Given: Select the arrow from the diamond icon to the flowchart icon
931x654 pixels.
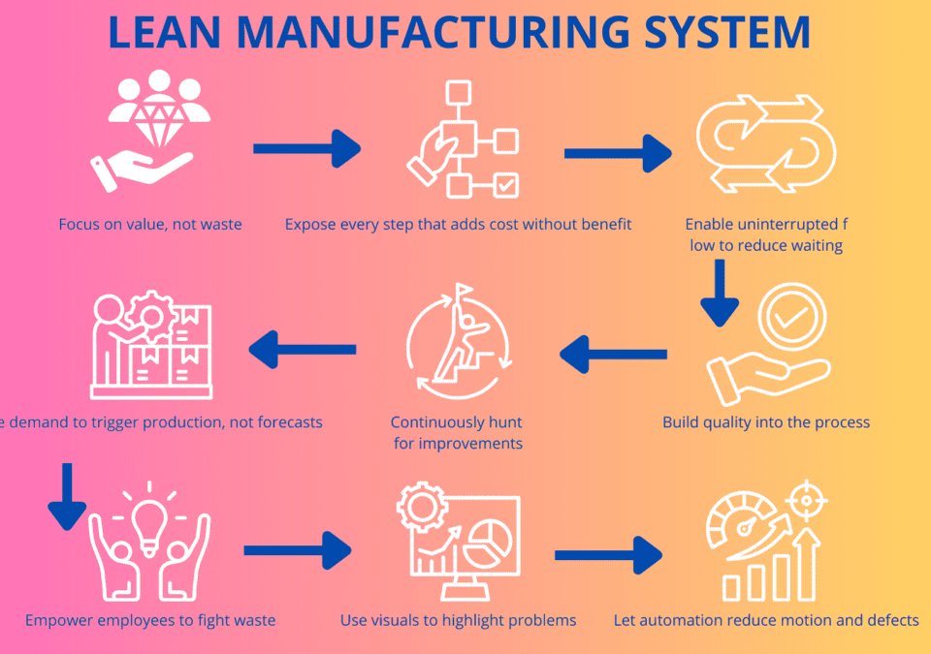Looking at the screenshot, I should point(306,148).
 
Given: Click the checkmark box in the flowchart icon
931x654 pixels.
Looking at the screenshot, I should point(506,184).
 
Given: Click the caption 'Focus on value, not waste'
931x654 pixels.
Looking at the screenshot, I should point(150,225).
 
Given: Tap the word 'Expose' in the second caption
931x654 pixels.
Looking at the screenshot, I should point(309,225).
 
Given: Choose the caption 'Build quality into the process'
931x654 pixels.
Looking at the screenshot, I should point(766,422).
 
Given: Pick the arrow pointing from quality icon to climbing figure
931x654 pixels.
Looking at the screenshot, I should point(613,354).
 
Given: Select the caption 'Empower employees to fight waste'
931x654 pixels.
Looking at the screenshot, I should point(150,620).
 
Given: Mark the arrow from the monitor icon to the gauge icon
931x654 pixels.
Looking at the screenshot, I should point(608,556).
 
